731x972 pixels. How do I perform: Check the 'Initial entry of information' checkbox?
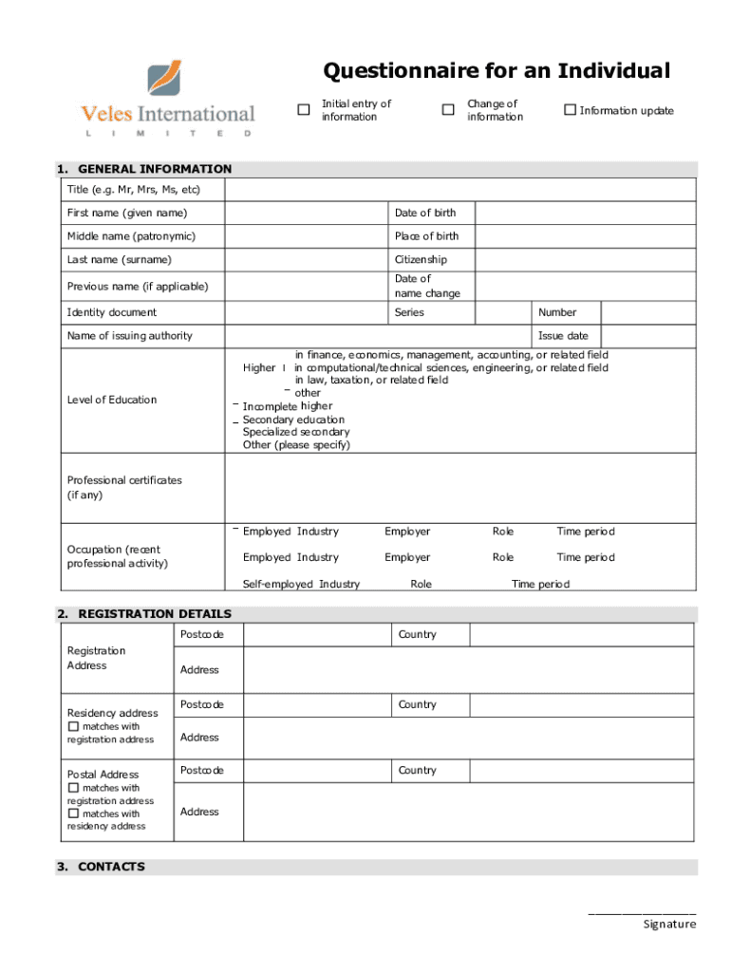click(304, 110)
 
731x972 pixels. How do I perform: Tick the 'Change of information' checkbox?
click(448, 110)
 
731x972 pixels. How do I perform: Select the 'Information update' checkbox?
click(570, 110)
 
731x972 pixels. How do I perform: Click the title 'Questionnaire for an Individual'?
click(497, 71)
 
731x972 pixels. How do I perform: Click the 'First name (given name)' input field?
click(307, 213)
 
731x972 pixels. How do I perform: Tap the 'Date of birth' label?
click(425, 213)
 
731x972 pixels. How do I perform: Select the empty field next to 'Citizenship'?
click(585, 259)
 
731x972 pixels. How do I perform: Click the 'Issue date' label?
click(563, 336)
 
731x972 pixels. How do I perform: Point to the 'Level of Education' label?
click(112, 400)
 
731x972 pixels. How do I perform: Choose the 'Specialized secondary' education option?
click(295, 432)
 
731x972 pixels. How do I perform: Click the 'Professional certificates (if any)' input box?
click(460, 488)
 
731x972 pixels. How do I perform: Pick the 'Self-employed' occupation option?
click(277, 584)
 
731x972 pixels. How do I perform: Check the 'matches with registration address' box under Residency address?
click(74, 727)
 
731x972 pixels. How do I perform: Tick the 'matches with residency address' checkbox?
click(74, 813)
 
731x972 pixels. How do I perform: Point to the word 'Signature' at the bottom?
click(669, 924)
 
